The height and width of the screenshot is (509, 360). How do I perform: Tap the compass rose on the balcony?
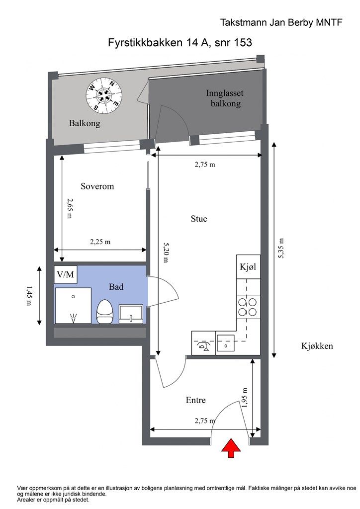(103, 96)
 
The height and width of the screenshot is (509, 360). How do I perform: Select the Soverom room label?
(97, 186)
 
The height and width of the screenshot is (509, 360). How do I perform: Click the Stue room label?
(199, 219)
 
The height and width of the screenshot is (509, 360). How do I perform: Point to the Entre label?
(196, 400)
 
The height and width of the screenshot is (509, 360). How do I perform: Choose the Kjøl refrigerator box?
(248, 266)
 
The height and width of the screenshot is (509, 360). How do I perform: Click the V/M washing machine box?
(66, 274)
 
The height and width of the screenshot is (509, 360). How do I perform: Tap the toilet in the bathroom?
(104, 312)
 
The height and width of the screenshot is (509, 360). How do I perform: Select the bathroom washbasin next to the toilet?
(131, 314)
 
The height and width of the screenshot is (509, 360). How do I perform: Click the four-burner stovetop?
(248, 307)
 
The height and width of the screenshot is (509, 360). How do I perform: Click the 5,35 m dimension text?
(281, 249)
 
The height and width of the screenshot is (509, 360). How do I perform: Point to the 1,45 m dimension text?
(29, 296)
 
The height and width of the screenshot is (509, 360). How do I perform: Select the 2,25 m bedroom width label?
(100, 242)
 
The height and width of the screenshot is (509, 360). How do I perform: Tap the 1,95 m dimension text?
(245, 398)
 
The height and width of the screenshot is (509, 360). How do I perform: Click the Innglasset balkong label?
(225, 98)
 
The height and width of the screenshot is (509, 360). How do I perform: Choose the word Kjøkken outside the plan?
(317, 346)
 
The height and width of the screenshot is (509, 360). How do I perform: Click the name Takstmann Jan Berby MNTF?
(281, 22)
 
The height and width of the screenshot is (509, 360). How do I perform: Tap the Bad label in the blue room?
(116, 287)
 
